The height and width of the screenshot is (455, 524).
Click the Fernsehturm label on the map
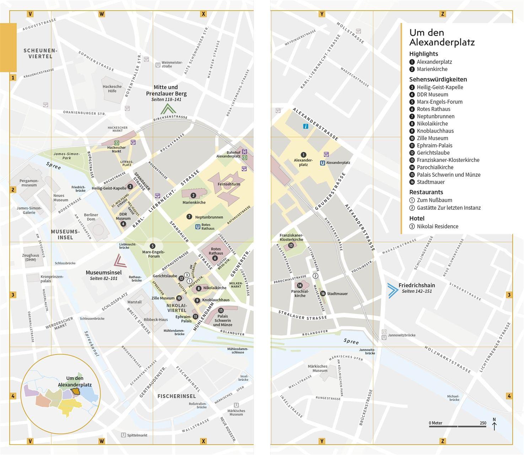point(229,184)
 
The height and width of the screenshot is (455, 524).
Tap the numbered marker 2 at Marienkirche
point(193,196)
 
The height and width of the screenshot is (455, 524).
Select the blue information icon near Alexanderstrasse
point(306,126)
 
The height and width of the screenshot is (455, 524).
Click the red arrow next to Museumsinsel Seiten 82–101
point(120,261)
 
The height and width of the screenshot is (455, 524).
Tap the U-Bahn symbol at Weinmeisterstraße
point(158,65)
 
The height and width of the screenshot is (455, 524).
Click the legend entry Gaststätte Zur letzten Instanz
point(448,208)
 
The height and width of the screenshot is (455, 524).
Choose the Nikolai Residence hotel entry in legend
point(437,226)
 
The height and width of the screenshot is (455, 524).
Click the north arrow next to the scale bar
point(494,424)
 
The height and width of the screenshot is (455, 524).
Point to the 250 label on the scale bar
point(483,423)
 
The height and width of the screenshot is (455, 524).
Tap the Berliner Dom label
point(91,217)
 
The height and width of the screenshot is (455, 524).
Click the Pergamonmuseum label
point(29,183)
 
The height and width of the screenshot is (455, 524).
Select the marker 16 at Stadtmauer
point(323,294)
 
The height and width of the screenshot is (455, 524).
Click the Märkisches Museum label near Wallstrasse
point(318,368)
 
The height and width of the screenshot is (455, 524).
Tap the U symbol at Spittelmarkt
point(123,435)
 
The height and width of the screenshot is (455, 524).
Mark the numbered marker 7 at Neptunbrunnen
point(189,217)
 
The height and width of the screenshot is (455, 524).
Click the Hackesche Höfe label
point(112,89)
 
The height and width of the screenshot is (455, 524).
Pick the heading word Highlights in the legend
point(423,54)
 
